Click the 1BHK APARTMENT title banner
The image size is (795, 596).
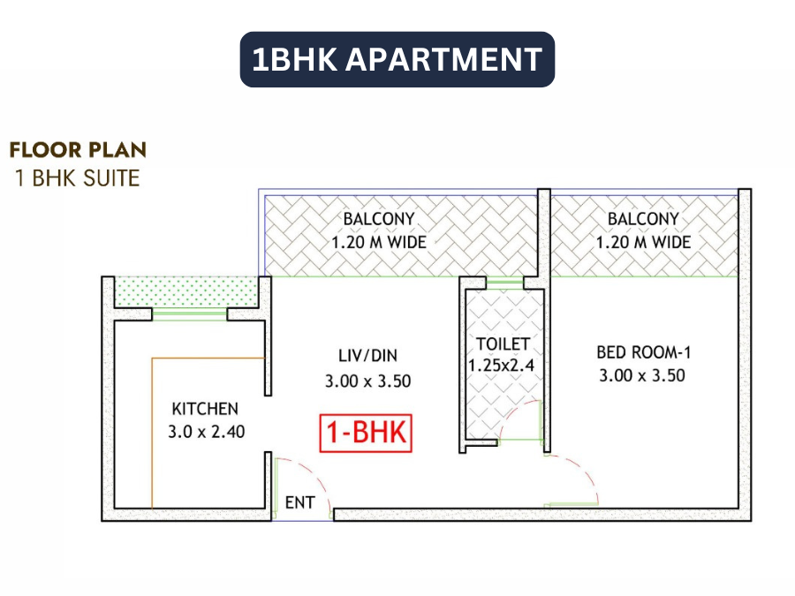pyautogui.click(x=397, y=60)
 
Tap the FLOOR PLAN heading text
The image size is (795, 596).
pyautogui.click(x=78, y=150)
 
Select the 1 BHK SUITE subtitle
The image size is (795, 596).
pyautogui.click(x=78, y=177)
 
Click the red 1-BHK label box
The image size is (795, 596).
pyautogui.click(x=366, y=434)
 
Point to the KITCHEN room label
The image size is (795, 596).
pyautogui.click(x=205, y=409)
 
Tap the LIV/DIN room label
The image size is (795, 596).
pyautogui.click(x=368, y=356)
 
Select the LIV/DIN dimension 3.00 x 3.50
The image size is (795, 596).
pyautogui.click(x=368, y=381)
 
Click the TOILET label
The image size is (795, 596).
pyautogui.click(x=503, y=343)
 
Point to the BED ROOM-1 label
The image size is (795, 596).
pyautogui.click(x=643, y=352)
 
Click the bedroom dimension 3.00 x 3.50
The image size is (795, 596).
pyautogui.click(x=642, y=375)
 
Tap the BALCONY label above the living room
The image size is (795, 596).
pyautogui.click(x=379, y=219)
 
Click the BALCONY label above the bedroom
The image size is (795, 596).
pyautogui.click(x=643, y=219)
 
